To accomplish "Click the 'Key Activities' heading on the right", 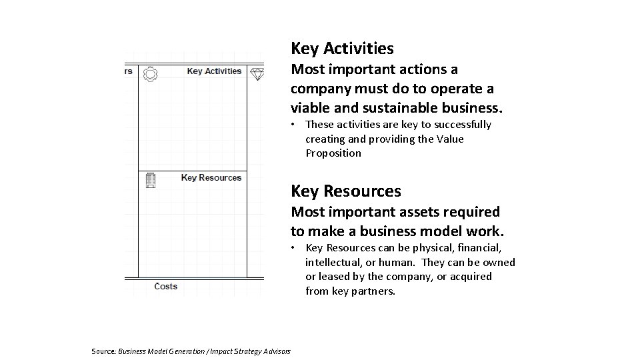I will coord(342,49).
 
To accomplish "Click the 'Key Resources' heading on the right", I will coord(345,191).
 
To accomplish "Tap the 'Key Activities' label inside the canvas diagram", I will coord(214,71).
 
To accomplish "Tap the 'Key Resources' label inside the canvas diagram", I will coord(211,177).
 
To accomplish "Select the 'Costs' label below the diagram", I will coord(165,286).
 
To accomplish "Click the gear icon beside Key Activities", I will coord(151,73).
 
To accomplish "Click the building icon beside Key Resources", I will coord(151,179).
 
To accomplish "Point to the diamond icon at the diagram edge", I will coord(257,73).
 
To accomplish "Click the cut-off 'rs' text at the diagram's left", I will coord(127,71).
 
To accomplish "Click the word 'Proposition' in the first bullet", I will coord(333,153).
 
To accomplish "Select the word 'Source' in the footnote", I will coord(103,351).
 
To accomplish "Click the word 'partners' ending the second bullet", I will coord(375,291).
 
